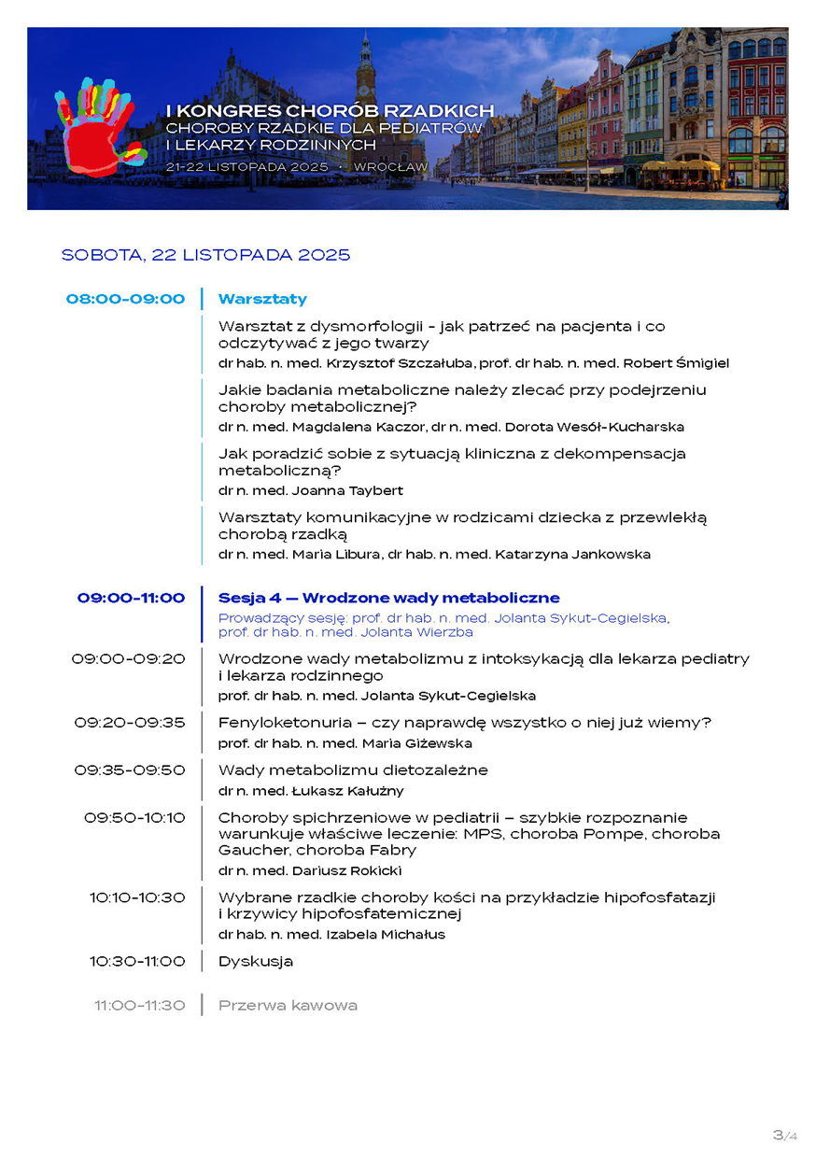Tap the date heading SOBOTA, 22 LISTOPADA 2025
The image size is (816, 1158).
tap(205, 254)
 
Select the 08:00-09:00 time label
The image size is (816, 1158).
tap(125, 299)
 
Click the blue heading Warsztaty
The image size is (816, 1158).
tap(262, 299)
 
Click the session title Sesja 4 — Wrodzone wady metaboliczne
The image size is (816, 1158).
tap(388, 598)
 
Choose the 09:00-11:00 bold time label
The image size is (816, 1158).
tap(131, 598)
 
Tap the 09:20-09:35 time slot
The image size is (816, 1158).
tap(130, 722)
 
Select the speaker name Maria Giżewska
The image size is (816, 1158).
tap(418, 743)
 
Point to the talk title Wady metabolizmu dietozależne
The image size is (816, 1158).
tap(353, 770)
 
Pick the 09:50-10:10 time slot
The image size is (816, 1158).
tap(134, 817)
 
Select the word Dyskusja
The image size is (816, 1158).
tap(256, 961)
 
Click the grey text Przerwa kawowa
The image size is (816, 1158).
tap(288, 1006)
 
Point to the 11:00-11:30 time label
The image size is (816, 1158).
tap(139, 1006)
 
